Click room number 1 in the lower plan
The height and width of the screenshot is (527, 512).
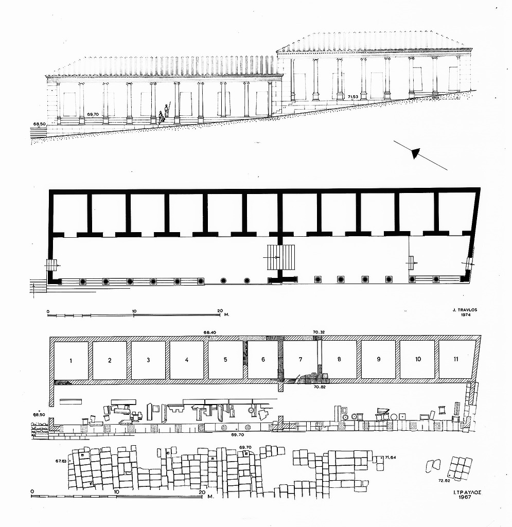click(x=71, y=361)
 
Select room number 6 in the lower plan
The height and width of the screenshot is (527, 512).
click(x=263, y=360)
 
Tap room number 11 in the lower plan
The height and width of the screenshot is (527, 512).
click(x=456, y=359)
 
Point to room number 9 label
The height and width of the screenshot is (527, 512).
click(x=379, y=359)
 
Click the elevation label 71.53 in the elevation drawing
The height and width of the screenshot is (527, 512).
click(x=353, y=97)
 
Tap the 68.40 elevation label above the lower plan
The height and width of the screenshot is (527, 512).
click(x=209, y=333)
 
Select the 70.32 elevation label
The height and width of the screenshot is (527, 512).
click(x=319, y=332)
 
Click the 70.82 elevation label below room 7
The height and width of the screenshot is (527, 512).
click(x=319, y=387)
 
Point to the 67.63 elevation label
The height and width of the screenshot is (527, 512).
click(x=61, y=461)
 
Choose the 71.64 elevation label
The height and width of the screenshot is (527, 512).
click(x=391, y=457)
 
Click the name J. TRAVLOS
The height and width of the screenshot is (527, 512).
click(x=465, y=310)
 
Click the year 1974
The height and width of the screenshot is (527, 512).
click(x=465, y=315)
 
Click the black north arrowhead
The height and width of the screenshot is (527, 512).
click(x=416, y=153)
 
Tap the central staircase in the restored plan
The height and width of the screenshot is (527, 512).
click(x=281, y=257)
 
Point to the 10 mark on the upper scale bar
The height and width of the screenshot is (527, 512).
click(x=134, y=311)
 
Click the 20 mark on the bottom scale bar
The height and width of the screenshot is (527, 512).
click(x=202, y=493)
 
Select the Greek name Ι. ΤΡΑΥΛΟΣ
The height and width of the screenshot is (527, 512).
click(x=468, y=492)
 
